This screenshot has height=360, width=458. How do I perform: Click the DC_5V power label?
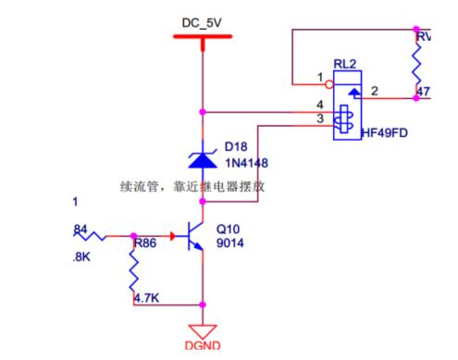(202, 19)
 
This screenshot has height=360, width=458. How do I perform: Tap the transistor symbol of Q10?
(193, 235)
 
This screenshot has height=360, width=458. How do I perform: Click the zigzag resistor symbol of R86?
(135, 272)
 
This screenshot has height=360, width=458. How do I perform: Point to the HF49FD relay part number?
(386, 133)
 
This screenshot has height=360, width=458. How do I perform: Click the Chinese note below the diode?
(193, 185)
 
